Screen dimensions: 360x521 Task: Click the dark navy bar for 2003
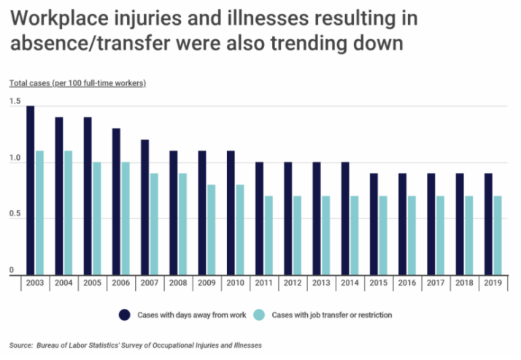click(x=31, y=190)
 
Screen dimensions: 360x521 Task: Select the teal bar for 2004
click(x=68, y=212)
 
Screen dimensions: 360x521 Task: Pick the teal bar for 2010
click(x=239, y=229)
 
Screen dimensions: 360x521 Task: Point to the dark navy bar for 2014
click(x=344, y=218)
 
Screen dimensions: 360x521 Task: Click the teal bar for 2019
click(x=497, y=235)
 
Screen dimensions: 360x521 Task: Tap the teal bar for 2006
click(x=126, y=218)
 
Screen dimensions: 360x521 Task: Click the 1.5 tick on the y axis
click(x=15, y=106)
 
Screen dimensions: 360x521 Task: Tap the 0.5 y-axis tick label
click(x=15, y=216)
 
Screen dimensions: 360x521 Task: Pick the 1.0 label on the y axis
click(x=15, y=161)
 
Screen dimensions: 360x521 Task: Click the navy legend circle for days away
click(x=125, y=315)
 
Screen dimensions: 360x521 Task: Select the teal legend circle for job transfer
click(x=259, y=315)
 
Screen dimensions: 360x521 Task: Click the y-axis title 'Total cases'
click(x=28, y=83)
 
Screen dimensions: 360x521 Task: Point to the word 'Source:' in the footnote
click(x=21, y=345)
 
